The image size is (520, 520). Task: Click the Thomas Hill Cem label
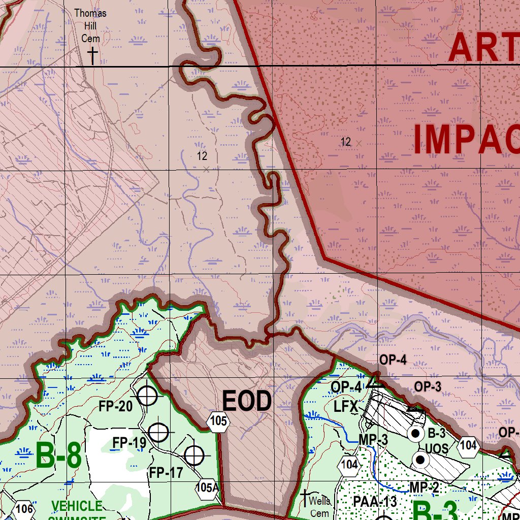[90, 25]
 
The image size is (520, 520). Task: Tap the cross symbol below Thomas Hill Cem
[92, 56]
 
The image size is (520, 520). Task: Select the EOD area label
[247, 402]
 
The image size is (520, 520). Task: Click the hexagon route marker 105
[218, 421]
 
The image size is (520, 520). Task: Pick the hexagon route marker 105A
[207, 489]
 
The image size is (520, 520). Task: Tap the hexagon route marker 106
[24, 509]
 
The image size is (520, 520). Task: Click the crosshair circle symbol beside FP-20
[147, 395]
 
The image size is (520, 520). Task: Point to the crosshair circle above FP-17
[194, 456]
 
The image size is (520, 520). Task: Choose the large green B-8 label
[58, 456]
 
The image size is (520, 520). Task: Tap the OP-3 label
[428, 387]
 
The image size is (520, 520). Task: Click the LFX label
[346, 407]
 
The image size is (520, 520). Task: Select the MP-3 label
[373, 440]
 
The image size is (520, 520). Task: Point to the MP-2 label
[424, 487]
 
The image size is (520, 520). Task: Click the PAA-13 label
[375, 502]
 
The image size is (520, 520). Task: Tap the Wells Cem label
[320, 507]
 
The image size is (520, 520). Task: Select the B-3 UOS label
[436, 441]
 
